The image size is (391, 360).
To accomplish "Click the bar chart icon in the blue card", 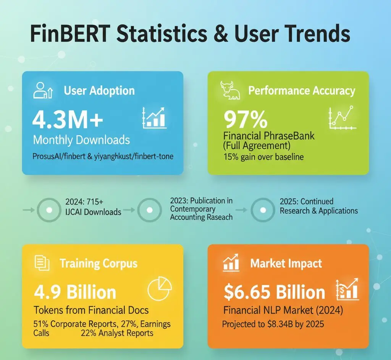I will tap(154, 117).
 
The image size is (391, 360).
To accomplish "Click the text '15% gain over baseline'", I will tap(263, 157).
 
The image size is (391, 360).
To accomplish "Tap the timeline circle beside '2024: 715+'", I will tap(48, 210).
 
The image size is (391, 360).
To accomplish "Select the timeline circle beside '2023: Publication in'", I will tap(149, 210).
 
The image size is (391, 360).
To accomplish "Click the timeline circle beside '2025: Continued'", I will tap(262, 210).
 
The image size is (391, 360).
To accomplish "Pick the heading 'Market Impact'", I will tap(286, 263).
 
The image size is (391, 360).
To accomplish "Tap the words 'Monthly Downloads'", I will tap(81, 140).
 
